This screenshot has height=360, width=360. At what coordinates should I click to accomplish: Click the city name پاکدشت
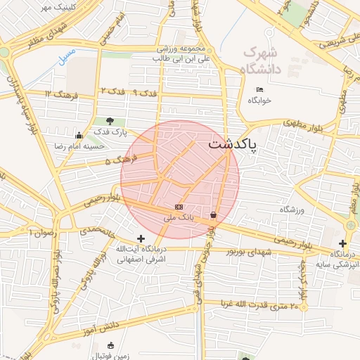pyautogui.click(x=233, y=145)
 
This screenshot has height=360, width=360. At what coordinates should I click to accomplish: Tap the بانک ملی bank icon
pyautogui.click(x=179, y=207)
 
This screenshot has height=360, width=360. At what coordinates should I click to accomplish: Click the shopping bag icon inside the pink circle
pyautogui.click(x=214, y=214)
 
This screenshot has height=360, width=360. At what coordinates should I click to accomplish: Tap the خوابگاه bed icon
pyautogui.click(x=260, y=90)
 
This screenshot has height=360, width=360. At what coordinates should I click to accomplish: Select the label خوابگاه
pyautogui.click(x=259, y=101)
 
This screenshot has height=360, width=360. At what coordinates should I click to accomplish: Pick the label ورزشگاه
pyautogui.click(x=295, y=210)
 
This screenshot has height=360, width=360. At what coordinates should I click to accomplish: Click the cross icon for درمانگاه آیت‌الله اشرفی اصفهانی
pyautogui.click(x=141, y=239)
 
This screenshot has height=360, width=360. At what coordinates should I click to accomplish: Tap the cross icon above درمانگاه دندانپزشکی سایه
pyautogui.click(x=342, y=243)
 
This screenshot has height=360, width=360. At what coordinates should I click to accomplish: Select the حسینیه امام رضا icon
pyautogui.click(x=79, y=136)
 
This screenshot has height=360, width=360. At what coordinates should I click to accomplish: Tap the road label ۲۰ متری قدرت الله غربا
pyautogui.click(x=264, y=305)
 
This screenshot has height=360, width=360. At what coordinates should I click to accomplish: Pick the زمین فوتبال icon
pyautogui.click(x=110, y=345)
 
